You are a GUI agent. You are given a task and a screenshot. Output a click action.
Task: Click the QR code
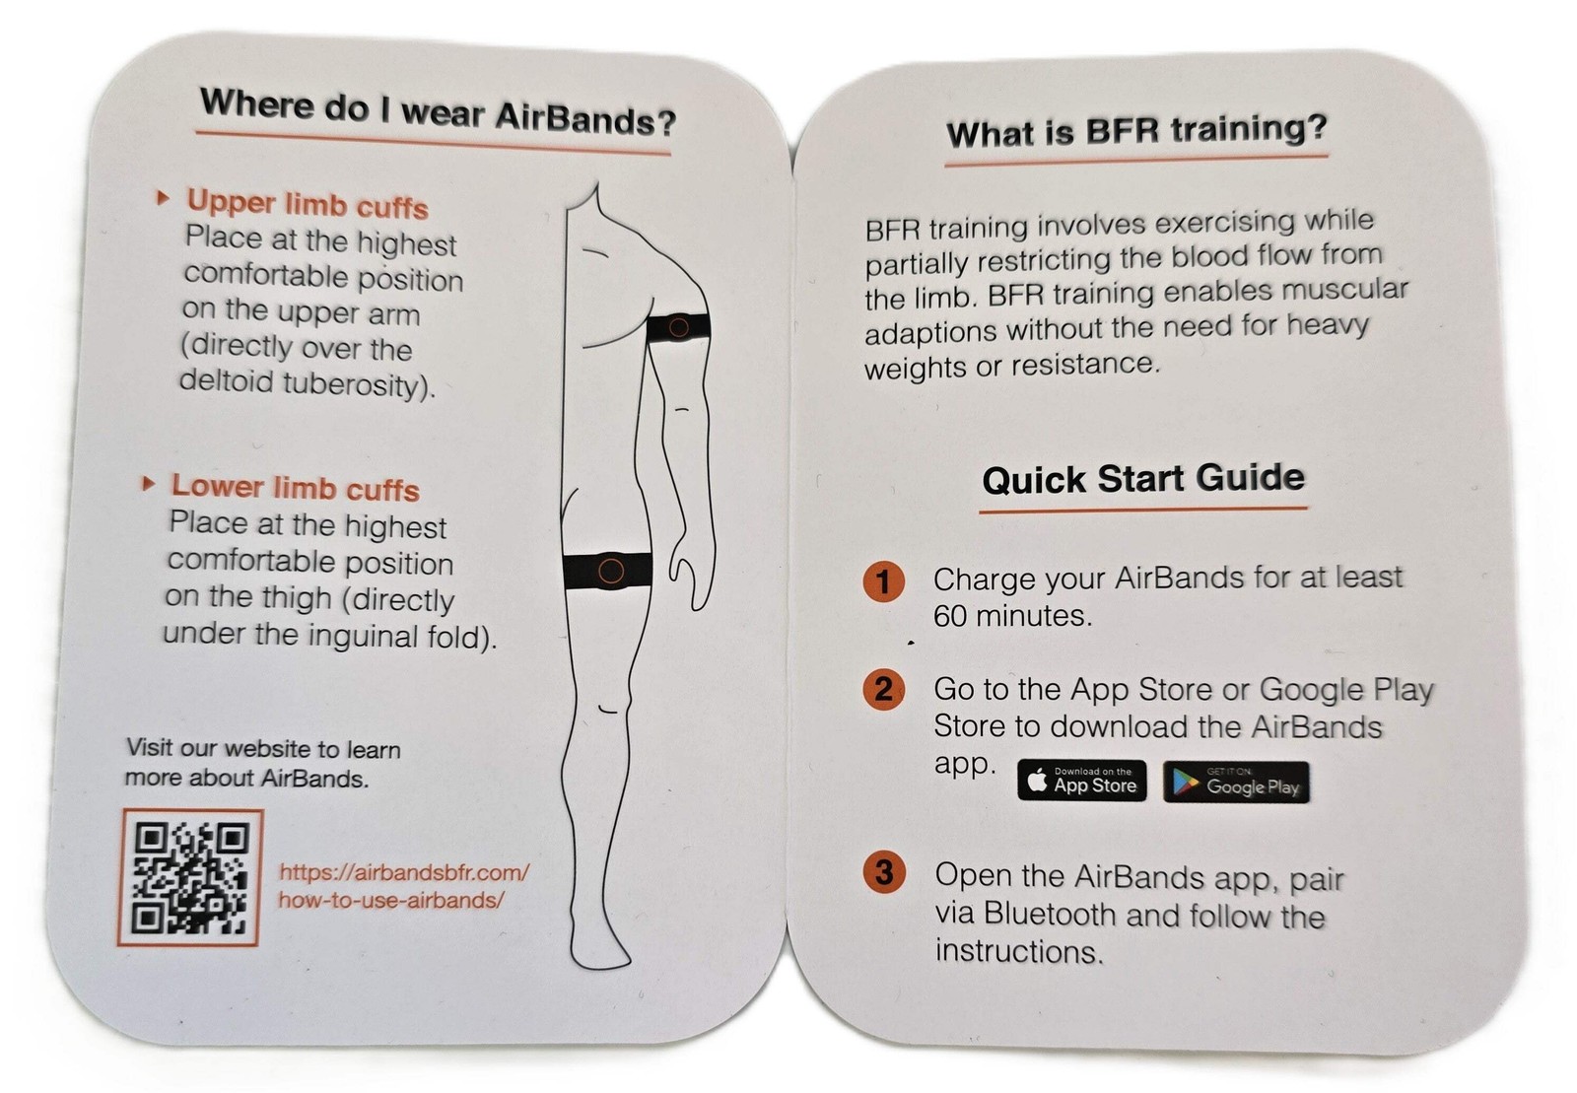(190, 878)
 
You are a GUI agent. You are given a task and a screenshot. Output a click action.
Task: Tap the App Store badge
(1082, 782)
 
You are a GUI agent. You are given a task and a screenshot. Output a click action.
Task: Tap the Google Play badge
(1236, 783)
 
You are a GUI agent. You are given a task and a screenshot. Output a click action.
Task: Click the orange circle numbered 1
(883, 581)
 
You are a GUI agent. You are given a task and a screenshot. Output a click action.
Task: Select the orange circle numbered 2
(883, 689)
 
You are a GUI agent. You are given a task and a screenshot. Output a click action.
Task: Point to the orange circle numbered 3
(884, 872)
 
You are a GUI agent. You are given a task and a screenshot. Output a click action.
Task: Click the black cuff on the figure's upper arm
(679, 327)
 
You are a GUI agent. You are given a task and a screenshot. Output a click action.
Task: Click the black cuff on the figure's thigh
(608, 571)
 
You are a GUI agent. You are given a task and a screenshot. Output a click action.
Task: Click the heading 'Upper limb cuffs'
(308, 205)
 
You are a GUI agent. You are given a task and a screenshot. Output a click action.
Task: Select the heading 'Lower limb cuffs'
(295, 488)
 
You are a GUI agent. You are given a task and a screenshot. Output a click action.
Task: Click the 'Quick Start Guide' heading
(1143, 479)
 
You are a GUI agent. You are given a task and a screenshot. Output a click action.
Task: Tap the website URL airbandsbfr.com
(404, 885)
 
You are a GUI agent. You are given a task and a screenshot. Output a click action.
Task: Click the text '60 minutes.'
(1012, 617)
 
